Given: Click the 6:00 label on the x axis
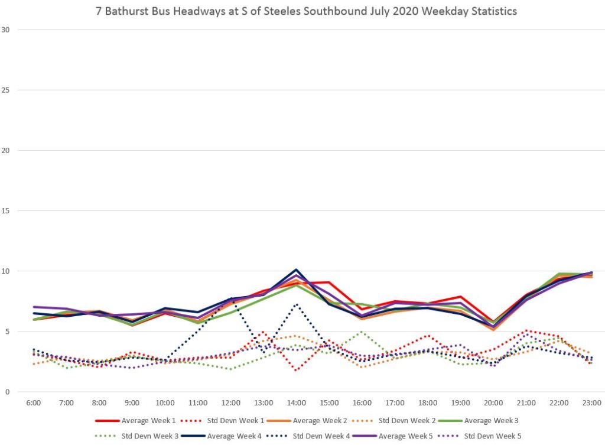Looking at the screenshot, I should [34, 402].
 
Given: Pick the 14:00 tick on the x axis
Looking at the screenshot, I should [297, 402].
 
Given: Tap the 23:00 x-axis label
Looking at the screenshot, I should [591, 402].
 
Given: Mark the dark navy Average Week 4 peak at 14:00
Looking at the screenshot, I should [297, 269].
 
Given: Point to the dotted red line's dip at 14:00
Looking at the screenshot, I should [297, 371].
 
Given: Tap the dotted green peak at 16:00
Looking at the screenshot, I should [362, 332].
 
